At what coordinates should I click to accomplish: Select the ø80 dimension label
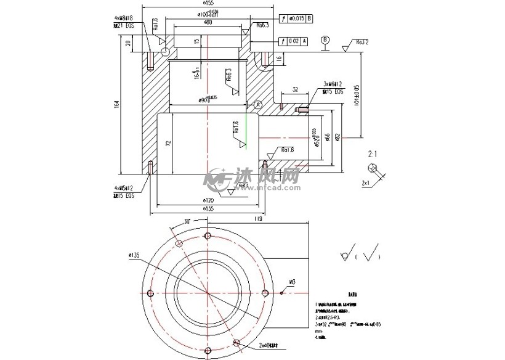click(x=208, y=23)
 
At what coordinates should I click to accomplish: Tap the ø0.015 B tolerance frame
click(x=299, y=18)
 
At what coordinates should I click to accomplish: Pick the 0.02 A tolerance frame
click(x=292, y=41)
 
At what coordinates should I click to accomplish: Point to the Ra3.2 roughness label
click(x=362, y=42)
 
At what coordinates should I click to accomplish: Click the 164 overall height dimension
click(x=117, y=105)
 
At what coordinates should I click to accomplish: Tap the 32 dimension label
click(x=295, y=89)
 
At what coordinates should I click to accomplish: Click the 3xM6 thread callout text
click(x=333, y=84)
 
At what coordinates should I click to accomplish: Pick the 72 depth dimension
click(x=168, y=143)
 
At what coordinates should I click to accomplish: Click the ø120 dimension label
click(x=208, y=201)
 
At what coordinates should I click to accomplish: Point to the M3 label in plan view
click(x=293, y=282)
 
